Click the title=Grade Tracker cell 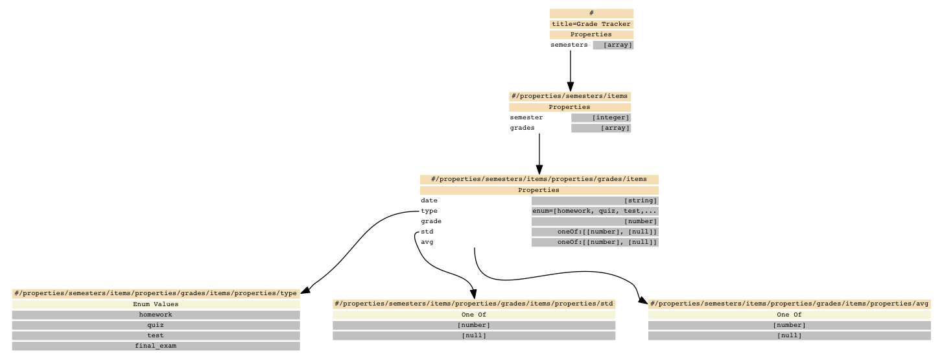click(x=591, y=24)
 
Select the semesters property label click(x=569, y=45)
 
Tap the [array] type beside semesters click(x=613, y=45)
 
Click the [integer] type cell click(x=601, y=118)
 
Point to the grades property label click(x=523, y=128)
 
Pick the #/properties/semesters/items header click(x=570, y=96)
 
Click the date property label click(x=429, y=200)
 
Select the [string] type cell click(x=595, y=200)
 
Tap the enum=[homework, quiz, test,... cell click(x=595, y=211)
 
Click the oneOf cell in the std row click(x=595, y=232)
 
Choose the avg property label click(x=427, y=242)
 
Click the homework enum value click(x=156, y=315)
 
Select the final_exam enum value click(x=156, y=346)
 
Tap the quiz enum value click(x=156, y=325)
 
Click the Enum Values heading click(x=156, y=304)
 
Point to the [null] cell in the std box click(x=474, y=335)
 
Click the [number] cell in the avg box click(x=790, y=325)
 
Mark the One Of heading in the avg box click(x=790, y=315)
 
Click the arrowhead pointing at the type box click(x=306, y=290)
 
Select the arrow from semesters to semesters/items click(x=571, y=71)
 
